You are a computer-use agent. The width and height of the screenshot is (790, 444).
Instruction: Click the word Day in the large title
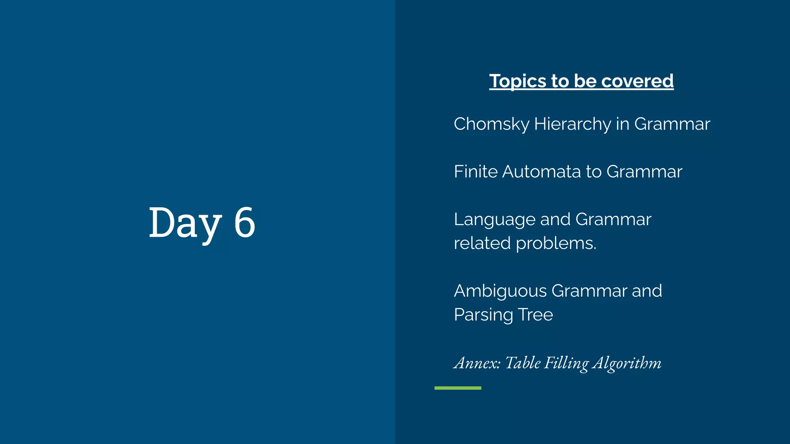click(185, 223)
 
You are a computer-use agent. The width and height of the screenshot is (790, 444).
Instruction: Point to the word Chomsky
click(491, 124)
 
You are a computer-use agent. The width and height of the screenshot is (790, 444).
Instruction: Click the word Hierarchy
click(572, 124)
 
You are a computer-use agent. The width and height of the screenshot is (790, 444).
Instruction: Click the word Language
click(495, 220)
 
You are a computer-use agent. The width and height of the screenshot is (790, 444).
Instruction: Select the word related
click(482, 243)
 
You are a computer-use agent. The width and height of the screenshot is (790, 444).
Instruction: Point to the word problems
click(556, 244)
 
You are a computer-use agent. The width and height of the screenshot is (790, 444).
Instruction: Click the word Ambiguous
click(500, 291)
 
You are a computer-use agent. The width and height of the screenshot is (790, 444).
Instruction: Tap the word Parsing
click(483, 315)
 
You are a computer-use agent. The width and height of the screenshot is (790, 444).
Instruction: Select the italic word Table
click(523, 363)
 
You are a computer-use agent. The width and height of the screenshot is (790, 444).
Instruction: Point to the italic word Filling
click(566, 363)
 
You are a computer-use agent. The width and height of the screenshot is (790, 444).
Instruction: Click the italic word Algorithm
click(627, 363)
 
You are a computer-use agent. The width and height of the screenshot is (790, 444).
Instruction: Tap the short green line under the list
click(457, 388)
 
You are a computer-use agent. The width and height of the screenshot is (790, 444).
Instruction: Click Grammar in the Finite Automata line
click(644, 172)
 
